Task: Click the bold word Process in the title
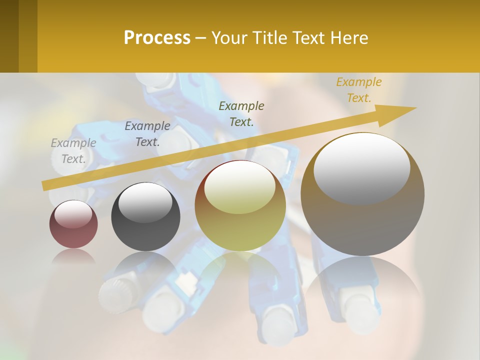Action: point(157,38)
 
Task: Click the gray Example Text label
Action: point(73,151)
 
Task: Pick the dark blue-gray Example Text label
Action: point(147,134)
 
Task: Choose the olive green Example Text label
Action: point(241,113)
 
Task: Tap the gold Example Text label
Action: point(359,90)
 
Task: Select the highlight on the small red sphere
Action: point(73,214)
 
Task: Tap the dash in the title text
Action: point(201,38)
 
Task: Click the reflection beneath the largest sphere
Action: point(362,290)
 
